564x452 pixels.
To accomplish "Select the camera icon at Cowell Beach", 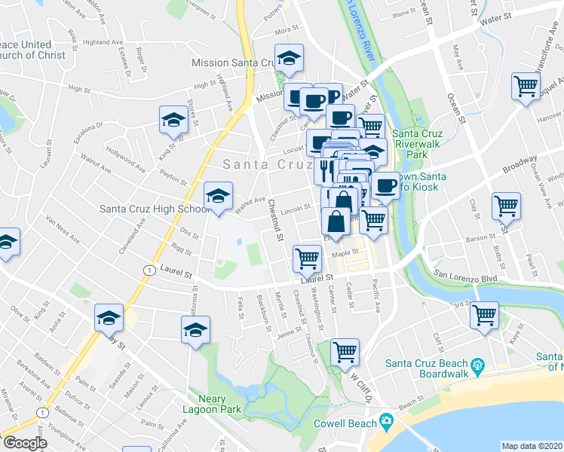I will pos(387,420).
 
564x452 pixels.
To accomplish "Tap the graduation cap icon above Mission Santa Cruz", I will pos(287,58).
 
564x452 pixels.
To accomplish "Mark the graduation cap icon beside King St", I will pos(173,120).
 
